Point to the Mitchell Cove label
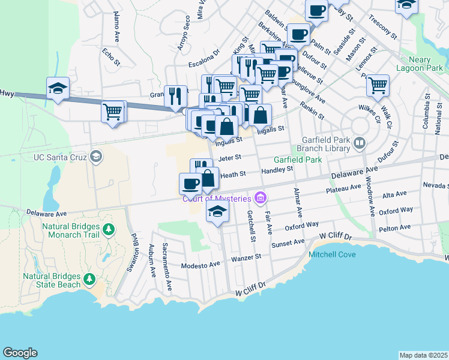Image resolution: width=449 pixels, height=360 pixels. [332, 254]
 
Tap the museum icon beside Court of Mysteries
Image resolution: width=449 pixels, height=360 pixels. [260, 197]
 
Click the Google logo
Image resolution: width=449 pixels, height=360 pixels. [20, 353]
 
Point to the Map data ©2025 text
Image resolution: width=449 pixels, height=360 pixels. [423, 355]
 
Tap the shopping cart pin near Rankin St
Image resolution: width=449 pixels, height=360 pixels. [378, 86]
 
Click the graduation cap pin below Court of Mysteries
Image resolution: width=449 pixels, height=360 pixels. [218, 211]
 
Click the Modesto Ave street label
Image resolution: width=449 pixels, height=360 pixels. [201, 265]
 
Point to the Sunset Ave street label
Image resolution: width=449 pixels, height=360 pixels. [288, 243]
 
